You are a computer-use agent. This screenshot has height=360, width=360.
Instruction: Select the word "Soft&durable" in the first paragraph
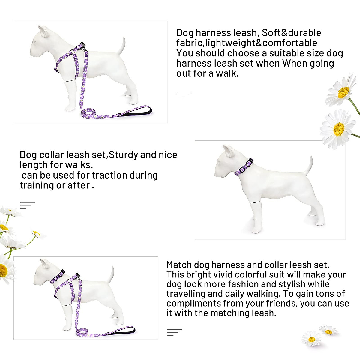click(x=292, y=33)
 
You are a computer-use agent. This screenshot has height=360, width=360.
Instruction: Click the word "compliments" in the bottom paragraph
click(x=194, y=303)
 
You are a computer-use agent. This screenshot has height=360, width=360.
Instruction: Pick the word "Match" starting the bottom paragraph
click(x=179, y=265)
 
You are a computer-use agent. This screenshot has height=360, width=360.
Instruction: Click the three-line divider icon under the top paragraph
click(x=184, y=95)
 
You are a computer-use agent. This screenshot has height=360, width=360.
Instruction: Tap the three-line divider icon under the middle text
click(x=27, y=205)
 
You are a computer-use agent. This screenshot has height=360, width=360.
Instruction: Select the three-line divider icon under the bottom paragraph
click(x=174, y=332)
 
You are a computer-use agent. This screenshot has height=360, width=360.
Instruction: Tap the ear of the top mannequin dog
click(x=44, y=31)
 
